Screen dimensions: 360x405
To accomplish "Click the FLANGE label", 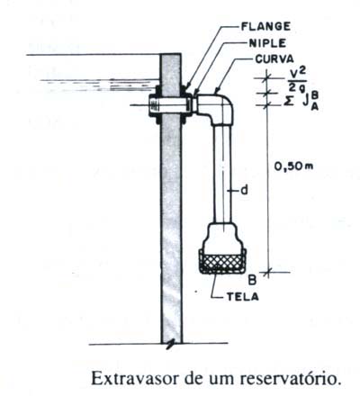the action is pyautogui.click(x=265, y=26).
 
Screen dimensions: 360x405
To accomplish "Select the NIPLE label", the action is pyautogui.click(x=267, y=43).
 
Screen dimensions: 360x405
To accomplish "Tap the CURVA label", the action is pyautogui.click(x=274, y=59).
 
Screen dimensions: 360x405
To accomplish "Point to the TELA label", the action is pyautogui.click(x=243, y=297).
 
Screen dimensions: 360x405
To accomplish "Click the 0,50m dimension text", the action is pyautogui.click(x=293, y=166).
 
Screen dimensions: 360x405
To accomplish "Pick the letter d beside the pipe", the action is pyautogui.click(x=245, y=190).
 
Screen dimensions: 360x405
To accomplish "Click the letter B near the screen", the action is pyautogui.click(x=252, y=280).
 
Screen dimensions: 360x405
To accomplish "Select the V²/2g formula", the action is pyautogui.click(x=297, y=81).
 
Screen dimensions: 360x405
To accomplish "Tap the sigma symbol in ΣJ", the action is pyautogui.click(x=288, y=102).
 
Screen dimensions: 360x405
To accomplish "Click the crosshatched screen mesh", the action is pyautogui.click(x=222, y=263).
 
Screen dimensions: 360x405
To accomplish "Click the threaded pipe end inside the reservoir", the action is pyautogui.click(x=154, y=105).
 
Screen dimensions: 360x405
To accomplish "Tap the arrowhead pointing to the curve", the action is pyautogui.click(x=217, y=89).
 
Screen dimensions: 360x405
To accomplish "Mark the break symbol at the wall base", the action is pyautogui.click(x=171, y=344).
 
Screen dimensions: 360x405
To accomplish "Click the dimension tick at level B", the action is pyautogui.click(x=267, y=272).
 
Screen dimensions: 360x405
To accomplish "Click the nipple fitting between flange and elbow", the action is pyautogui.click(x=194, y=104).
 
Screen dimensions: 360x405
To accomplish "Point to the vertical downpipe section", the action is pyautogui.click(x=222, y=174).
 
